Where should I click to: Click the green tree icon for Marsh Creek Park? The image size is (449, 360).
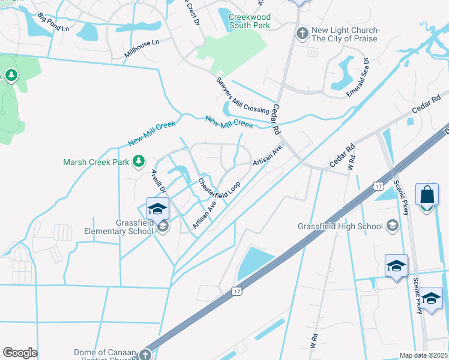click(x=139, y=161)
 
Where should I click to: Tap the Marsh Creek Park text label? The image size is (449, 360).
click(x=98, y=162)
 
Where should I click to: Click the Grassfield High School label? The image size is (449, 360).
click(x=340, y=226)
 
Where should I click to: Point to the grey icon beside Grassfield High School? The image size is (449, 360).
click(x=393, y=226)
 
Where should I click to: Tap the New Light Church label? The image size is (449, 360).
click(x=345, y=34)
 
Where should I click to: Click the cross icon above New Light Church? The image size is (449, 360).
click(x=303, y=31)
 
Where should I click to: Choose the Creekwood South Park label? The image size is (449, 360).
click(x=250, y=21)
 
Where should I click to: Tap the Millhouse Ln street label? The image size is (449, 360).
click(x=142, y=49)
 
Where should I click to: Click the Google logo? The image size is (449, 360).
click(x=20, y=353)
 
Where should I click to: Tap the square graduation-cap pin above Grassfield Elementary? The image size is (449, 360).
click(x=157, y=209)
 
